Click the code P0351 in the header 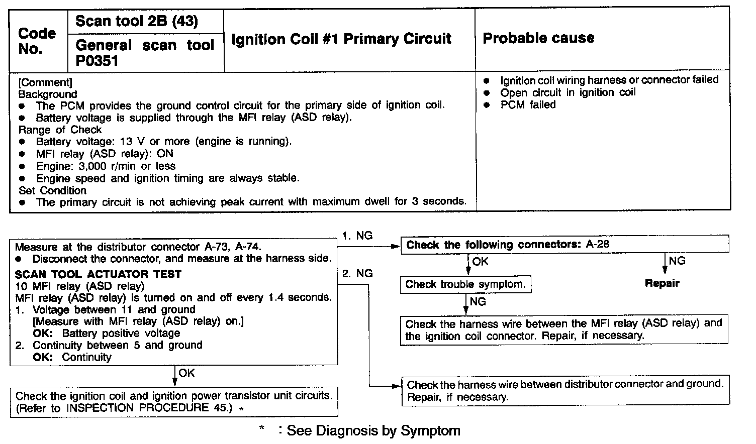(97, 61)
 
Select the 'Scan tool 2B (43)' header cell (136, 21)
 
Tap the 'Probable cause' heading (538, 38)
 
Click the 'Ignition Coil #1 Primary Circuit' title (341, 39)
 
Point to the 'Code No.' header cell (37, 41)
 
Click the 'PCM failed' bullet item (528, 105)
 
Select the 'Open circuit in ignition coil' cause (568, 92)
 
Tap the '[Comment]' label (45, 82)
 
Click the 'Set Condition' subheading (52, 190)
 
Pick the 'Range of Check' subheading (60, 130)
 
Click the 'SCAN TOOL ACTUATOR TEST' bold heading (98, 274)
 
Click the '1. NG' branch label (357, 236)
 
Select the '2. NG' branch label (357, 274)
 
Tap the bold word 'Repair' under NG (662, 283)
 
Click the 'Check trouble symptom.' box (465, 285)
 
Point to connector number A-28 (598, 245)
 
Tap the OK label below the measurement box (186, 373)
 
